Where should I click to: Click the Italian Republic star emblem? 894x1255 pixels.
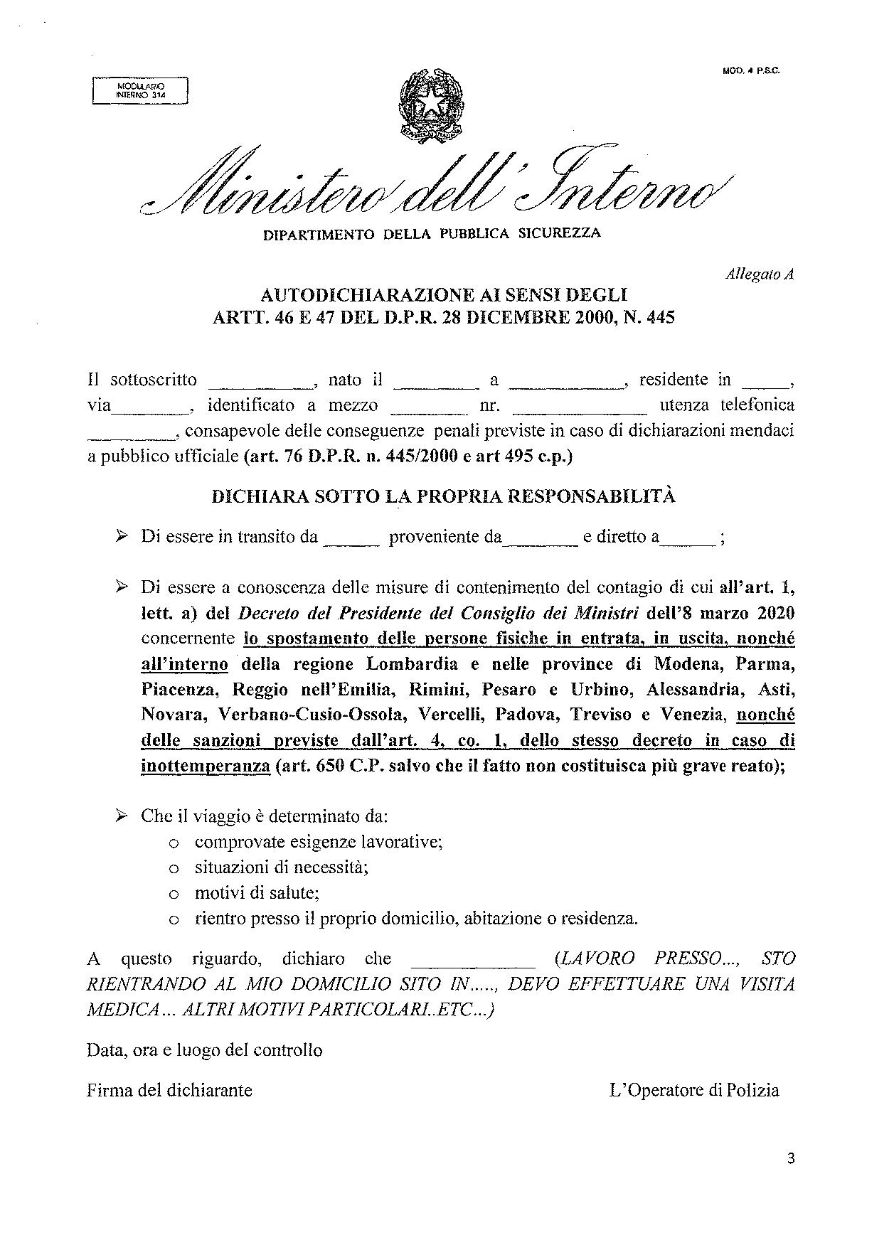tap(431, 104)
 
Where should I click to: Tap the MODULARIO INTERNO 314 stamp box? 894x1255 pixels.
tap(140, 90)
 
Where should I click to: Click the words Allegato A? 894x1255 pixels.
tap(759, 274)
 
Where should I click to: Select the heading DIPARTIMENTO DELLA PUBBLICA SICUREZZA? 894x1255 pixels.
tap(432, 233)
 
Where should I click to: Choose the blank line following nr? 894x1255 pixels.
tap(579, 411)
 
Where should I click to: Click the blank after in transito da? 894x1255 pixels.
tap(352, 543)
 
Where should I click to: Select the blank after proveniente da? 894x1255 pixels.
tap(541, 543)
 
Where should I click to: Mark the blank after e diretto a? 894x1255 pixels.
tap(688, 543)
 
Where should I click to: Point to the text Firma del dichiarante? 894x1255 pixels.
tap(169, 1090)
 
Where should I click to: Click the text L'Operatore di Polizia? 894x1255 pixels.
tap(694, 1090)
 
